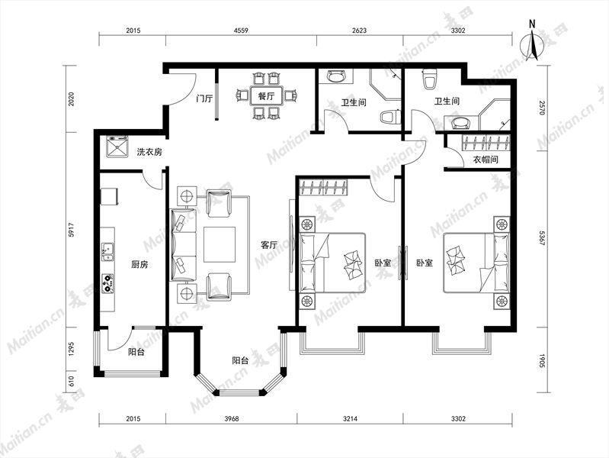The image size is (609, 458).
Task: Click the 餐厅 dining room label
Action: coord(266,95)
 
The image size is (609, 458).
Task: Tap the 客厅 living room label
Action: coord(269,245)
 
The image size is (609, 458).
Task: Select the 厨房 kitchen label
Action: coord(139,265)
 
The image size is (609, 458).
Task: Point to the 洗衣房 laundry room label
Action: coord(149,152)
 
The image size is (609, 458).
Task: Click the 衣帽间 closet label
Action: coord(486,159)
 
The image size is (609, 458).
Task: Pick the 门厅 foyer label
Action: coord(204,98)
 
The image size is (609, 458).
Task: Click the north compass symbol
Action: coord(532,42)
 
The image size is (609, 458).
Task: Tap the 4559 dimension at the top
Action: coord(241,30)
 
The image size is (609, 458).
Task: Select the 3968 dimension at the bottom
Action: coord(232,419)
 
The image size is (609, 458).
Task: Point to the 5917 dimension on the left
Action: coord(71,230)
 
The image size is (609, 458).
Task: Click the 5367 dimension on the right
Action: coord(543,238)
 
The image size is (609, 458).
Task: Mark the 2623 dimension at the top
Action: coord(360,30)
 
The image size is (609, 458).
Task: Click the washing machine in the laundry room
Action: coord(117,147)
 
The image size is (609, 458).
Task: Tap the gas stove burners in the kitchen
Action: coord(107,283)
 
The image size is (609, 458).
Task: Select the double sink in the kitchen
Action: coord(107,252)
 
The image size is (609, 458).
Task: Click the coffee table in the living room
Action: coord(220,245)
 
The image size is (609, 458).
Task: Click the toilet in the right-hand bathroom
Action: coord(429,79)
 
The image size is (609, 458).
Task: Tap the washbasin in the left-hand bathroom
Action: coord(336,76)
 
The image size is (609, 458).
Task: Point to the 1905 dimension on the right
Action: coord(543,361)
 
